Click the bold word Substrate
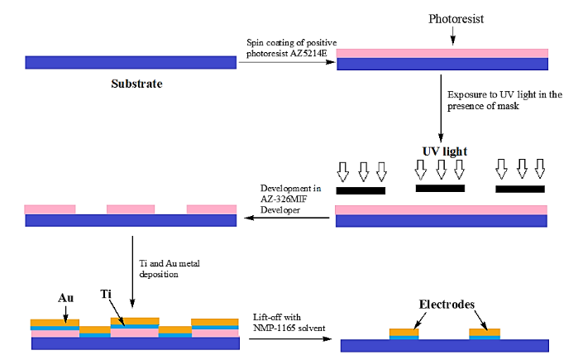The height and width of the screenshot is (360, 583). coord(137,84)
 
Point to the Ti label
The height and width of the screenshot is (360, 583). coord(106,294)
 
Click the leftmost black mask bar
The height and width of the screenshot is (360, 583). coord(361,190)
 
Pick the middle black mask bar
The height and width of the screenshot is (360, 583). coord(440,189)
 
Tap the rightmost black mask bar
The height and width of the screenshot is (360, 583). coord(520,190)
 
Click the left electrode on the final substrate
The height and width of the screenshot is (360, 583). coord(404,334)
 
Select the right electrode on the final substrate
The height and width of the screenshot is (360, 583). coord(485,334)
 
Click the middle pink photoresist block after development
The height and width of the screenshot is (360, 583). coord(131,209)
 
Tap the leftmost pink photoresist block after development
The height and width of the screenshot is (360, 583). coord(50,209)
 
